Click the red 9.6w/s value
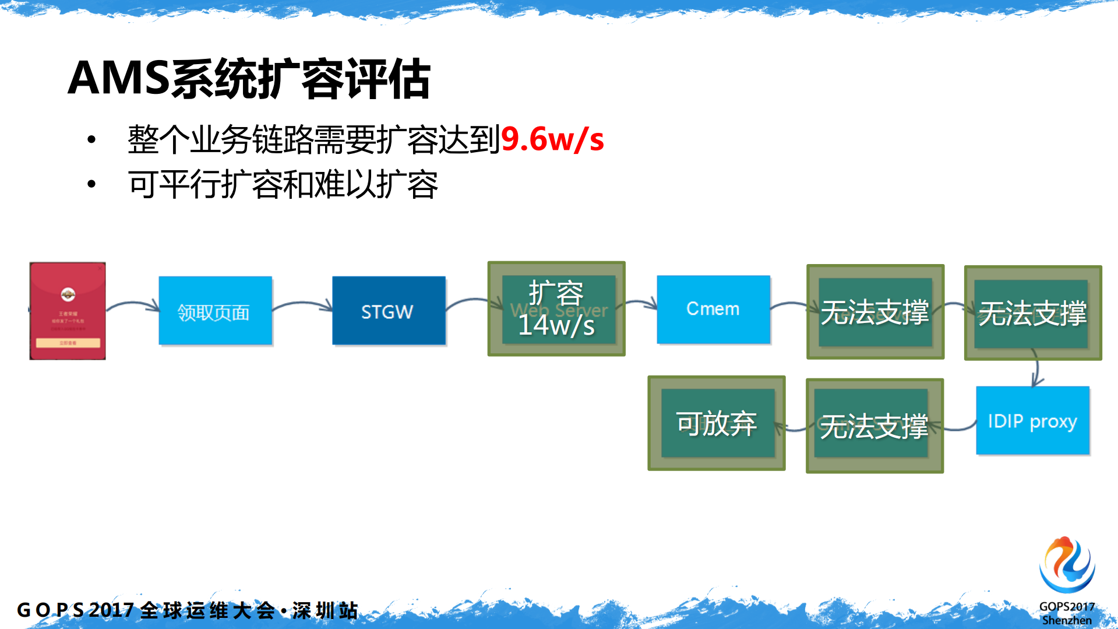pos(552,140)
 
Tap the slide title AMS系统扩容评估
pos(249,79)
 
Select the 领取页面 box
pos(215,311)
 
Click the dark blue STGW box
pos(389,311)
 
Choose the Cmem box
pos(713,309)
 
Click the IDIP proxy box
pos(1032,420)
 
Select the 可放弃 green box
pos(717,423)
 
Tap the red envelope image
pos(68,311)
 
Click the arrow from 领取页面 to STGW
pos(302,304)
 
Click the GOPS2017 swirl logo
pos(1067,564)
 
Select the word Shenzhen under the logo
pos(1067,620)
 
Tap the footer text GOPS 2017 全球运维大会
pos(146,610)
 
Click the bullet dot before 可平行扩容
pos(91,184)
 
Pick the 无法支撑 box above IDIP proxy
pos(1032,313)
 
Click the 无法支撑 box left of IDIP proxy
pos(874,426)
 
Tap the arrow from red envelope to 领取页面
pos(132,305)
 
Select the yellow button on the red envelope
pos(68,343)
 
